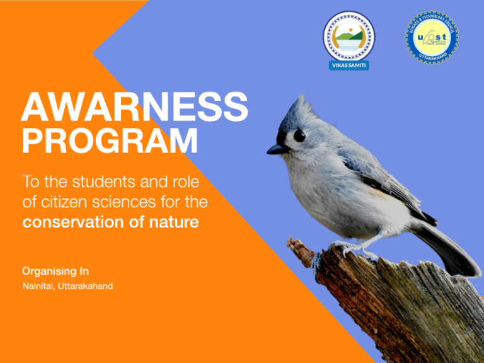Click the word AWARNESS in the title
coord(134,107)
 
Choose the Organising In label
coord(55,271)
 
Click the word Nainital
coord(38,286)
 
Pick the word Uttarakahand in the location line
coord(86,286)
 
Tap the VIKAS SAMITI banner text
coord(349,65)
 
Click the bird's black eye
coord(299,135)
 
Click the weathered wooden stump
coord(403,309)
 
